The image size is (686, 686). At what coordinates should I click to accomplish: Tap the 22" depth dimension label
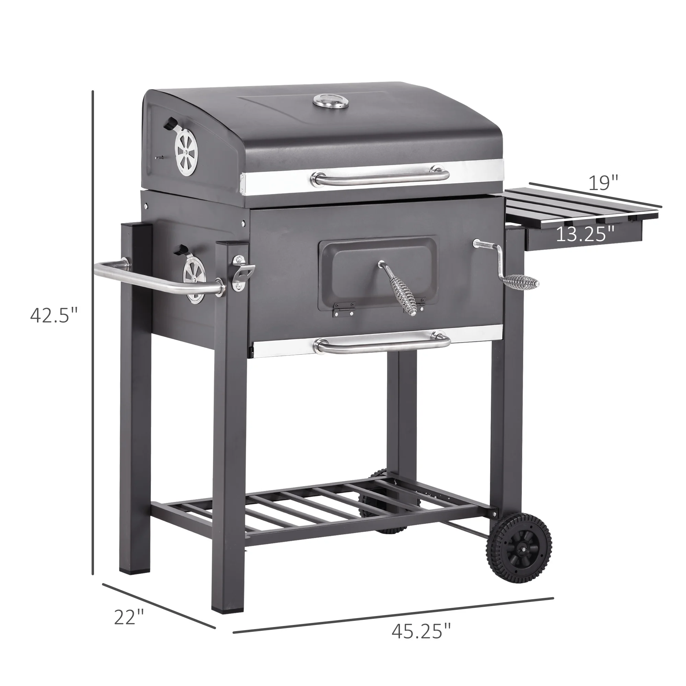[129, 369]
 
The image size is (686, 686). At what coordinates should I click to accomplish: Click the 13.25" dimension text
[585, 235]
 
